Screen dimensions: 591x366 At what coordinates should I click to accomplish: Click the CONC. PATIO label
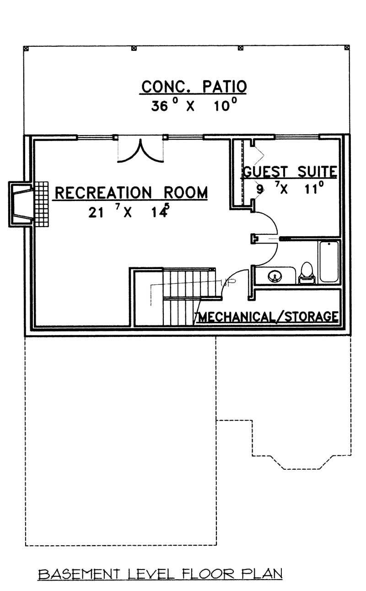tap(194, 86)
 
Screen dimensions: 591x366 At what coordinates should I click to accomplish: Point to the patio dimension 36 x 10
tap(194, 106)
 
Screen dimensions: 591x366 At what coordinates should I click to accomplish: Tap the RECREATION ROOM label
tap(131, 193)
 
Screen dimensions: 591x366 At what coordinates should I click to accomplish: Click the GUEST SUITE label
tap(290, 172)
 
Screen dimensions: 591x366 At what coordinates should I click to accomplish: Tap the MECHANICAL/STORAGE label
tap(268, 316)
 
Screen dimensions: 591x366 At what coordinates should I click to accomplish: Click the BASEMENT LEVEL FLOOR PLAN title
tap(160, 573)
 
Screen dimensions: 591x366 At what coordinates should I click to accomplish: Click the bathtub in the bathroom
tap(329, 261)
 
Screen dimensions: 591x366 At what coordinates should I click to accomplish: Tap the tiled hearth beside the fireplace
tap(41, 204)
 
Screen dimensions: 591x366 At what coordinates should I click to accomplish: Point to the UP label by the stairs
tap(225, 283)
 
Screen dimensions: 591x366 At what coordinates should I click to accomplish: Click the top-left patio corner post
tap(26, 47)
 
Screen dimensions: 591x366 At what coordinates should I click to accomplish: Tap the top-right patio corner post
tap(347, 47)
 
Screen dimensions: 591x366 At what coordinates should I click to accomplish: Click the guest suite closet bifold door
tap(255, 156)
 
